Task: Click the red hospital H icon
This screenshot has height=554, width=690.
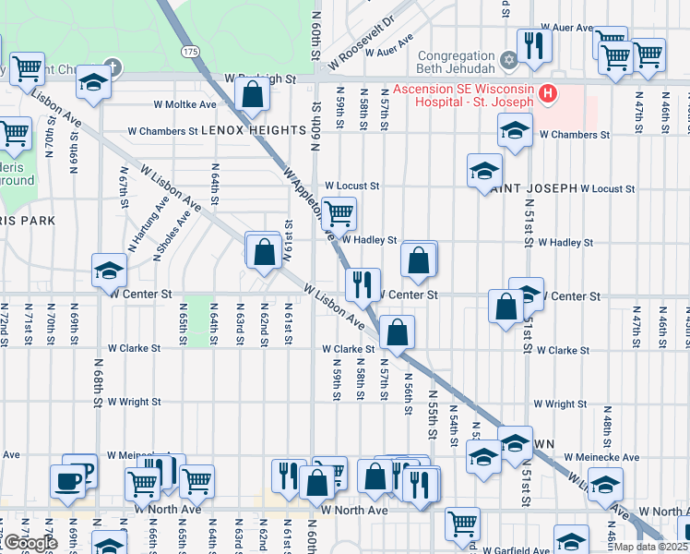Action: click(548, 93)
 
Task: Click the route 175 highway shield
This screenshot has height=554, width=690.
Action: click(190, 52)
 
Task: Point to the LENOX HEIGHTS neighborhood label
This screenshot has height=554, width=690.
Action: click(246, 131)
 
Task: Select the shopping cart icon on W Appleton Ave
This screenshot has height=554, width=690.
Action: click(339, 213)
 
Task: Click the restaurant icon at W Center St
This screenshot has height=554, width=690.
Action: click(363, 283)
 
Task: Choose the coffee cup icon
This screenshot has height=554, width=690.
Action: click(67, 481)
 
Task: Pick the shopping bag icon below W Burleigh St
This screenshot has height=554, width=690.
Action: click(252, 93)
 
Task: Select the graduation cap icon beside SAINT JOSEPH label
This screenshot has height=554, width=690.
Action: click(484, 171)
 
